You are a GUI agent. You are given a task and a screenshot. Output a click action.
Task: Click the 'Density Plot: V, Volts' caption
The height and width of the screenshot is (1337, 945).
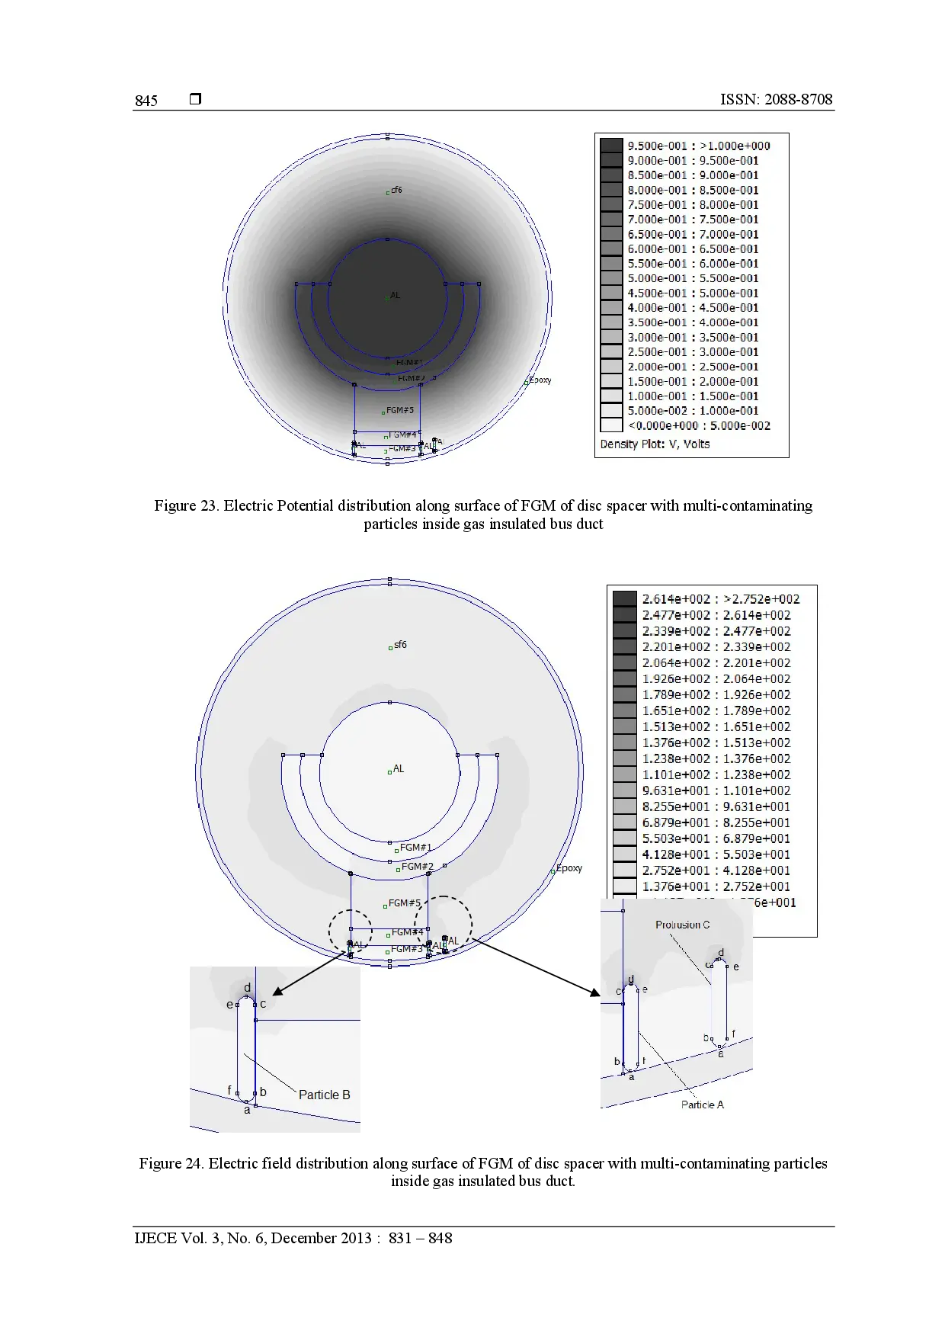coord(654,444)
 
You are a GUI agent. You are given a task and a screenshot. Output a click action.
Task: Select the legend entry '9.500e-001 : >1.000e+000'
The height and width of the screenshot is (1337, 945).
coord(698,146)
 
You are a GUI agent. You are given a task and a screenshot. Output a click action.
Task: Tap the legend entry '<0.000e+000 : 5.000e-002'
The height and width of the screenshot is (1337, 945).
coord(698,425)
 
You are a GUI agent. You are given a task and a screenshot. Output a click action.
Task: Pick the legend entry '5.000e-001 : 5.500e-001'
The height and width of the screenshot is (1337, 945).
coord(693,278)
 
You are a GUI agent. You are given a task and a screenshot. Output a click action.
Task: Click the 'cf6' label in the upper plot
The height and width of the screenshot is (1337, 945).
coord(396,190)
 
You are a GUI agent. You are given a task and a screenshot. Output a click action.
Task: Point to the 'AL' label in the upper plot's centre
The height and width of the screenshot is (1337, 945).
coord(394,295)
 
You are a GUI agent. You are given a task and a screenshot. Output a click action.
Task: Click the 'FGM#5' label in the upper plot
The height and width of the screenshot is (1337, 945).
coord(399,410)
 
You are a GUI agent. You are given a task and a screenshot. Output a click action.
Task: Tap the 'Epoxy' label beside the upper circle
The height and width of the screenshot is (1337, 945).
coord(540,380)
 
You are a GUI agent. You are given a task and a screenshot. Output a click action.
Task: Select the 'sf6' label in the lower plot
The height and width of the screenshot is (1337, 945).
coord(400,645)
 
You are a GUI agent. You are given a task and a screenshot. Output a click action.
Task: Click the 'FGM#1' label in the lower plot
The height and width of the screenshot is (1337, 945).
coord(415,848)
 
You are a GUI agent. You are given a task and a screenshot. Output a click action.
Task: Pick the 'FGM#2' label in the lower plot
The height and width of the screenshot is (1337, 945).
coord(417,867)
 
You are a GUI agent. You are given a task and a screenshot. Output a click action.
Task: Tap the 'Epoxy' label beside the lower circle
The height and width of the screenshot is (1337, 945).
coord(569,868)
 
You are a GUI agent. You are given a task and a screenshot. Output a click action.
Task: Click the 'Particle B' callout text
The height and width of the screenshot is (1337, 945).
coord(324,1095)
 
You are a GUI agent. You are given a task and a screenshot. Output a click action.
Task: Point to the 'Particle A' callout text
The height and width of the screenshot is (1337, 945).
coord(702,1105)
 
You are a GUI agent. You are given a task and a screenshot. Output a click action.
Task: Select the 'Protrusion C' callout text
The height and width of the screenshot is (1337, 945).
coord(682,925)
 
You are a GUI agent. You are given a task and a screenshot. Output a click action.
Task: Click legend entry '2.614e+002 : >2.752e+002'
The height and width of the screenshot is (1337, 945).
coord(720,599)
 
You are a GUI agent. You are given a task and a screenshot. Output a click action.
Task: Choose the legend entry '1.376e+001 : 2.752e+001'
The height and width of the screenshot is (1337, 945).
coord(716,887)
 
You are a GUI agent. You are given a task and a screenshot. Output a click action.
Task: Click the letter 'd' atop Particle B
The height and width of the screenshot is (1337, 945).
coord(247,988)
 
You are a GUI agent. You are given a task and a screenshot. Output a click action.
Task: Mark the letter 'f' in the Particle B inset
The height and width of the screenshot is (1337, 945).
coord(229,1091)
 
